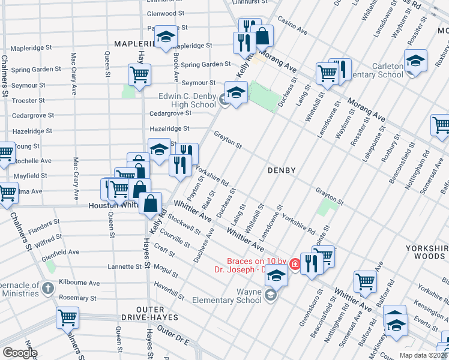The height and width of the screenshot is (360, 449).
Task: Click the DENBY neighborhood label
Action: coord(282,170)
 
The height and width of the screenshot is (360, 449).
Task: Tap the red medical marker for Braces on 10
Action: coord(295,263)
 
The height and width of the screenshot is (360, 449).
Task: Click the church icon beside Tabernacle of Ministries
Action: coord(49,289)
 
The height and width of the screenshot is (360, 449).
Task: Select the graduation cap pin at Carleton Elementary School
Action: coord(415,62)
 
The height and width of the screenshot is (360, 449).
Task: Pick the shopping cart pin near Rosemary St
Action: coord(68,317)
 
